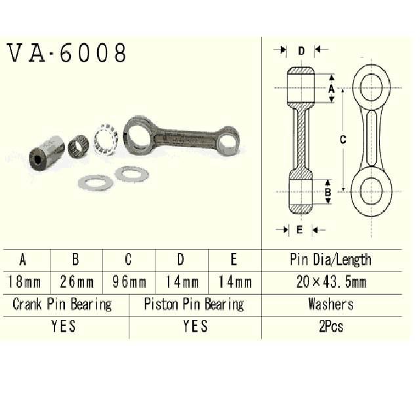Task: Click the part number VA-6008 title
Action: click(x=66, y=53)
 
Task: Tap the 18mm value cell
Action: click(x=24, y=283)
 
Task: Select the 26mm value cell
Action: click(x=77, y=283)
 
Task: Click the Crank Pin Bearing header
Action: click(x=62, y=304)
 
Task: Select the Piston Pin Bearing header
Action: click(x=194, y=304)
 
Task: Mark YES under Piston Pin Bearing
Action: click(x=195, y=326)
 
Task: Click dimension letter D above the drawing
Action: click(x=301, y=50)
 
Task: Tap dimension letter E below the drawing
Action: click(x=299, y=229)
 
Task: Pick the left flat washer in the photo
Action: click(x=95, y=182)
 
